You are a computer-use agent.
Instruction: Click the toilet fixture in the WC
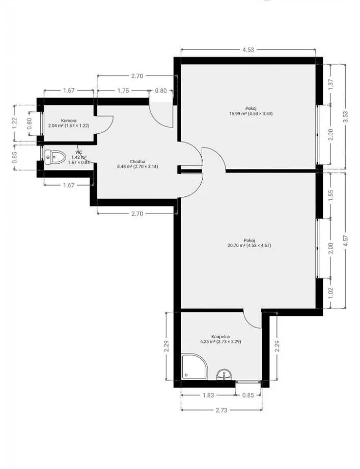pos(55,157)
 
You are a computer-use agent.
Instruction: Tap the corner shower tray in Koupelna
pos(194,367)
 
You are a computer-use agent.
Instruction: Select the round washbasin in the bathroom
pos(224,374)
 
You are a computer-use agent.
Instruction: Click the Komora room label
pos(69,121)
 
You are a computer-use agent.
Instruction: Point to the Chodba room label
pos(137,162)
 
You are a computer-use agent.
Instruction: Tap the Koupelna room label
pos(220,336)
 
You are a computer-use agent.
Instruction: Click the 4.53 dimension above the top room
pos(248,49)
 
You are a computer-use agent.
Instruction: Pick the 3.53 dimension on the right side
pos(345,116)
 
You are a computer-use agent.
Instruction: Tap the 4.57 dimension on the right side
pos(345,241)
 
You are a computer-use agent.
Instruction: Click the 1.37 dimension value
pos(330,84)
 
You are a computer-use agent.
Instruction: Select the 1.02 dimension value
pos(330,293)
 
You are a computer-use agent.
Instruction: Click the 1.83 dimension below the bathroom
pos(208,395)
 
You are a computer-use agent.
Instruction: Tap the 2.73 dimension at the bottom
pos(221,410)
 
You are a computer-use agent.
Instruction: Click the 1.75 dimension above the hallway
pos(123,91)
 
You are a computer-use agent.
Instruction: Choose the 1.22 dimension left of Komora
pos(15,123)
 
